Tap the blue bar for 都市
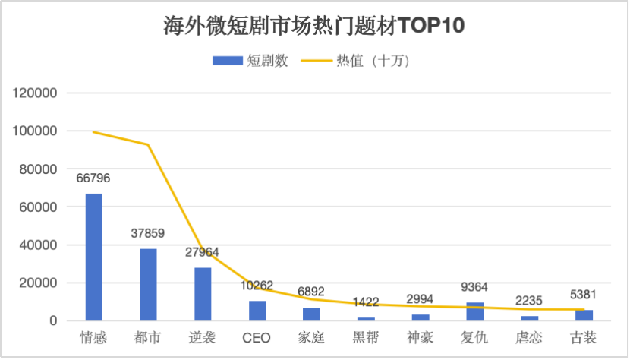point(148,284)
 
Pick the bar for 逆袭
point(203,293)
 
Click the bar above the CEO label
point(257,311)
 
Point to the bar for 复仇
point(475,311)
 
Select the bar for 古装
point(584,314)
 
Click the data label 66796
point(93,178)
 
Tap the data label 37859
point(148,233)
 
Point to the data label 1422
point(367,302)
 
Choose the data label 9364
point(475,287)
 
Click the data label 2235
point(530,301)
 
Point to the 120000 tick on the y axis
point(36,93)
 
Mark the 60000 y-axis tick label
point(39,207)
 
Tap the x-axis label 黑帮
point(367,336)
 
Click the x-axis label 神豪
point(421,336)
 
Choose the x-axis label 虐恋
point(530,336)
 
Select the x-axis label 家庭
point(312,336)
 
